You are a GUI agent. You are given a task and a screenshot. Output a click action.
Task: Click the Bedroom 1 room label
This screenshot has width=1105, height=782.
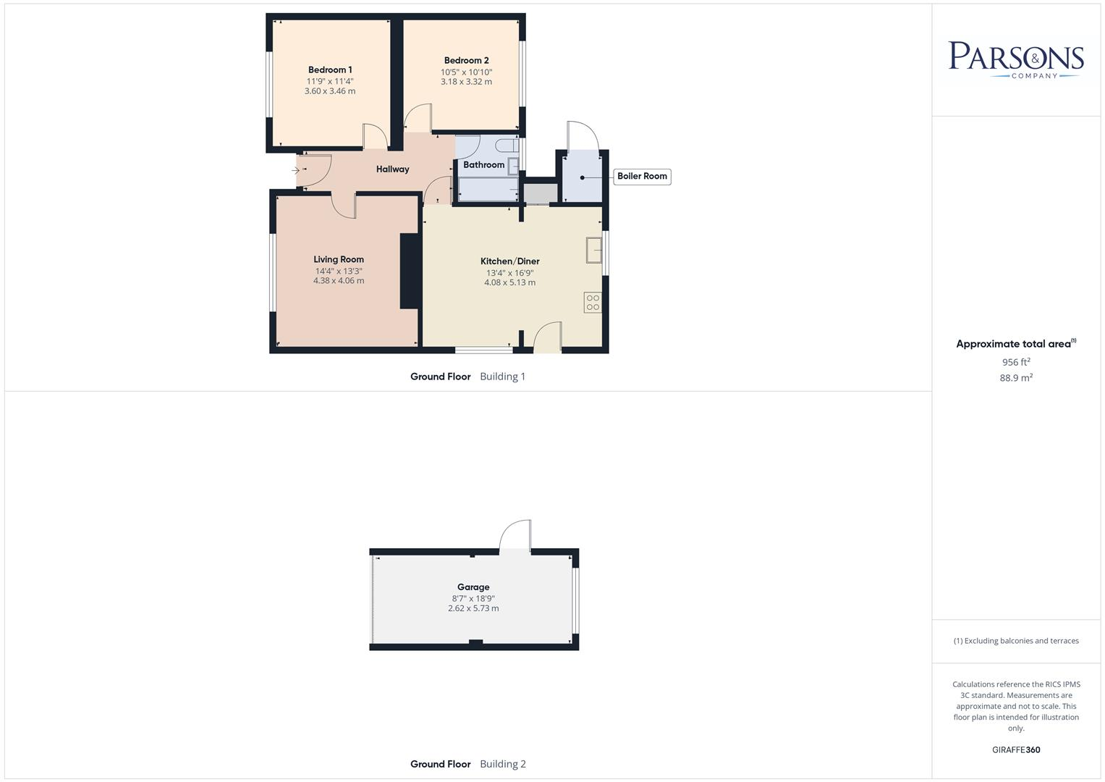[330, 70]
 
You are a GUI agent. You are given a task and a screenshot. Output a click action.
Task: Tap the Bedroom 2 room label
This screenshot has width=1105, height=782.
[466, 61]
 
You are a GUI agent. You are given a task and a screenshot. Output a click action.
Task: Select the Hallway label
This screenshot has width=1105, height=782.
[392, 169]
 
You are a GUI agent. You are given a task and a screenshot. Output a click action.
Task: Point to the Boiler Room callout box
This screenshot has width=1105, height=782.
[642, 177]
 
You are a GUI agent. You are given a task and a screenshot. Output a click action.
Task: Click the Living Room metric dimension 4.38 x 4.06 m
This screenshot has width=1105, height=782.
[339, 281]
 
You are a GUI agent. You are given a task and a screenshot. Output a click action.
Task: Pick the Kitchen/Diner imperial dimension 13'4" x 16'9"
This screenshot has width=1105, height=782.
[509, 273]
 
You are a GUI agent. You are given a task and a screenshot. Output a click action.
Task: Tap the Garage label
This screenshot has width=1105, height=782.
[473, 587]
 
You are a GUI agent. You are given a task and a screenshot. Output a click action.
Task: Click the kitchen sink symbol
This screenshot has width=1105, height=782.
[594, 251]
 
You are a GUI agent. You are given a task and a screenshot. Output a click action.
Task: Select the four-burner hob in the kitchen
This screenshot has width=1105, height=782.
[593, 303]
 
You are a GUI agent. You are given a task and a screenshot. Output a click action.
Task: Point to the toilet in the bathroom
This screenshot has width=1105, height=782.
[510, 146]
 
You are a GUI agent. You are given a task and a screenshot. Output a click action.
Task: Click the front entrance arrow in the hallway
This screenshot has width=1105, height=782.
[296, 171]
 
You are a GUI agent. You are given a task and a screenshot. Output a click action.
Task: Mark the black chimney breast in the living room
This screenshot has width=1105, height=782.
[410, 272]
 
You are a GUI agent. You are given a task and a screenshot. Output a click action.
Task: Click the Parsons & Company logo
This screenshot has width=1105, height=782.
[1016, 60]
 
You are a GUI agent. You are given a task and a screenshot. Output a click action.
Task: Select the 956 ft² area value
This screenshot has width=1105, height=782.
[1016, 362]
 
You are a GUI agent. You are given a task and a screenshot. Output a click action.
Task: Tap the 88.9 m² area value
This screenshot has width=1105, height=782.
[1016, 378]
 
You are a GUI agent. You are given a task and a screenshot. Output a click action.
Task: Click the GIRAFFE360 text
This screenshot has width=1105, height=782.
[1016, 750]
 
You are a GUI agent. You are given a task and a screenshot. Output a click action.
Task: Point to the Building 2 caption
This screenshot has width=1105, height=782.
[502, 764]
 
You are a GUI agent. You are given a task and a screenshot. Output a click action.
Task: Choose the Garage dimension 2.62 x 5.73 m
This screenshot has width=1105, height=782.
[473, 609]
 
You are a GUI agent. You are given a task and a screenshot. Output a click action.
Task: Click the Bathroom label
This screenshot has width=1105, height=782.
[483, 165]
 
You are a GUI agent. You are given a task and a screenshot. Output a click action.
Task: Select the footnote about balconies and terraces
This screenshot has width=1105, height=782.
[1016, 641]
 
